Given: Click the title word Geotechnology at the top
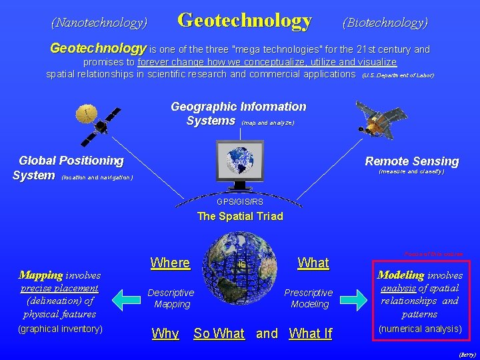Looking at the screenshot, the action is (x=245, y=21).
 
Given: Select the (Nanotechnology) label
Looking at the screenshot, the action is (x=99, y=23).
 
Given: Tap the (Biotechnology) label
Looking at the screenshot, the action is (x=385, y=23).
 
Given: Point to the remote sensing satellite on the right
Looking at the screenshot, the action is (x=381, y=118).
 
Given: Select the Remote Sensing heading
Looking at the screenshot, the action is (x=411, y=161).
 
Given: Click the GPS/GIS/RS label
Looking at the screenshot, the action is (x=240, y=201).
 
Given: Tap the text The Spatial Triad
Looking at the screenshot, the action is (x=240, y=216).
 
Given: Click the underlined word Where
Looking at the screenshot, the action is (x=170, y=263).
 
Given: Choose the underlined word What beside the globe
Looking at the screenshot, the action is (x=313, y=263).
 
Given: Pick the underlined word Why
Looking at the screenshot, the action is (x=165, y=333).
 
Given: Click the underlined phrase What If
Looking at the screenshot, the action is (x=310, y=333).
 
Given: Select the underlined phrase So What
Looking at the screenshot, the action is (x=219, y=333).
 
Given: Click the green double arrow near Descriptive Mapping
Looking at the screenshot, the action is (x=126, y=299).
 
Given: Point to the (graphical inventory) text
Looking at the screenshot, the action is (x=60, y=329).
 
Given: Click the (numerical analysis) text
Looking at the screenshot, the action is (x=419, y=329).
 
